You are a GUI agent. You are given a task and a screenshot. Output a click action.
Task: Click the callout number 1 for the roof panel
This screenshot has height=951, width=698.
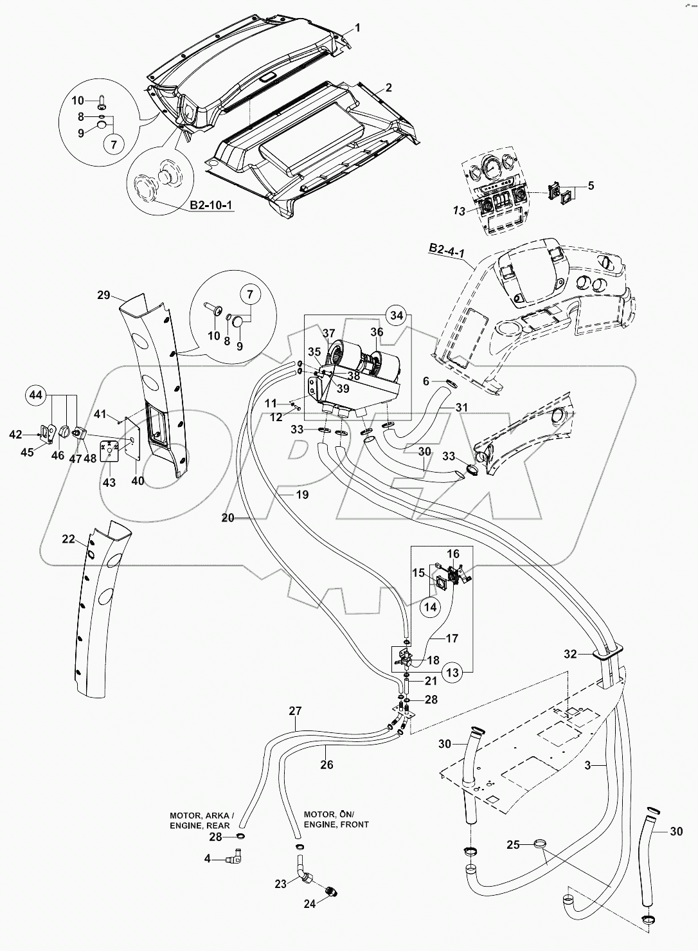point(358,28)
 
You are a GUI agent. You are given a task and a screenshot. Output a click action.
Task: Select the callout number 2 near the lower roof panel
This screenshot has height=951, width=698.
point(388,87)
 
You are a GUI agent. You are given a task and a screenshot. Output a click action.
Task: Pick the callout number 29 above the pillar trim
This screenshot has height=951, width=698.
point(103,296)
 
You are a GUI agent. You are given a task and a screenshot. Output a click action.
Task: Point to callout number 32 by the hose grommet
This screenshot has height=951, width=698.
point(570,654)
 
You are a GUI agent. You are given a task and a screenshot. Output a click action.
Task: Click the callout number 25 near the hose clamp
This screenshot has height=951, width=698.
point(513,845)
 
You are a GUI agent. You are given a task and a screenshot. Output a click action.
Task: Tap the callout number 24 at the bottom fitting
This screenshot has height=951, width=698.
point(310,904)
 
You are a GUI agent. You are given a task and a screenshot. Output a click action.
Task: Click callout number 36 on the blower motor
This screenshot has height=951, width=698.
point(377,332)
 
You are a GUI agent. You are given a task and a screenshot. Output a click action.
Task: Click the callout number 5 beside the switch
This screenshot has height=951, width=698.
point(591,186)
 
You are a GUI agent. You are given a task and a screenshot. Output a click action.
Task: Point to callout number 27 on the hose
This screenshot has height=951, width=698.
point(294,712)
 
